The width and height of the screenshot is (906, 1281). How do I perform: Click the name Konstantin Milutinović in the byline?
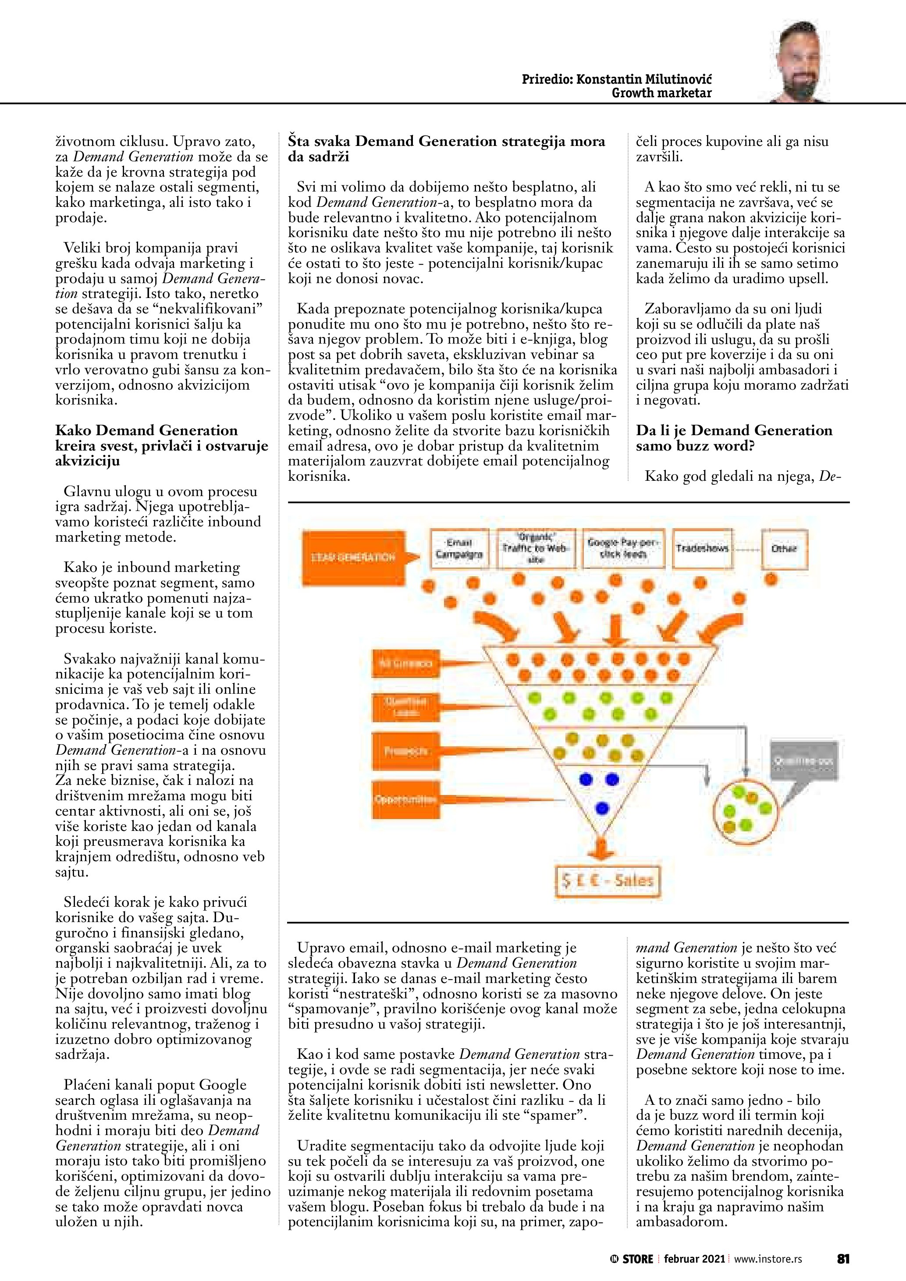(x=644, y=79)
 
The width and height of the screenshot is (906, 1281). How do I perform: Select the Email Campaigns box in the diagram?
(x=459, y=548)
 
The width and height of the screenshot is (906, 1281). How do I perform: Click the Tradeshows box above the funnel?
(x=702, y=548)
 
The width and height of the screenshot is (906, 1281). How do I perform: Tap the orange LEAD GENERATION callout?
(x=354, y=557)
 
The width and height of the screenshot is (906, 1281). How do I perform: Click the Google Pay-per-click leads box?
(x=623, y=548)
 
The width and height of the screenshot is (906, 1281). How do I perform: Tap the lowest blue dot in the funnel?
(x=602, y=807)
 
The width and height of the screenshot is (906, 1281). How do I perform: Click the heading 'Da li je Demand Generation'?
(x=734, y=430)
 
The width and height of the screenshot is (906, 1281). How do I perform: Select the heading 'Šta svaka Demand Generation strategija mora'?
(x=446, y=141)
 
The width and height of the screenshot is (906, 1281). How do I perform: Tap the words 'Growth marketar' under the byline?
(x=662, y=93)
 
